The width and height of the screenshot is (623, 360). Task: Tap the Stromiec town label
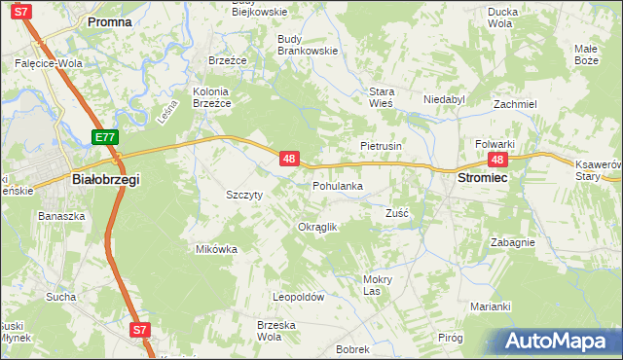(x=484, y=180)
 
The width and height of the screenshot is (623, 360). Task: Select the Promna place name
(x=110, y=20)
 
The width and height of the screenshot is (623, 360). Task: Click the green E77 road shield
(x=106, y=139)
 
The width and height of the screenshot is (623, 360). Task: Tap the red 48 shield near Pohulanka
(x=288, y=158)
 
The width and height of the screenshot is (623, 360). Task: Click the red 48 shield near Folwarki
(x=498, y=160)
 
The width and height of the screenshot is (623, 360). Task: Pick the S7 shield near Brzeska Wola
(x=141, y=330)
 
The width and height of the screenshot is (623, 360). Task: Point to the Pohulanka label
(x=338, y=186)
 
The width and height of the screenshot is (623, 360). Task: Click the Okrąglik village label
(x=316, y=227)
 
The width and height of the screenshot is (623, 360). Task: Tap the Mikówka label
(x=216, y=249)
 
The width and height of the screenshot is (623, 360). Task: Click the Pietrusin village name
(x=382, y=145)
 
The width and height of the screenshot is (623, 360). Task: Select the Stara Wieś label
(x=380, y=97)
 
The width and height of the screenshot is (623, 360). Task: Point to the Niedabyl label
(x=445, y=99)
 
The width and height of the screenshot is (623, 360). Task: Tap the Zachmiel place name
(x=515, y=104)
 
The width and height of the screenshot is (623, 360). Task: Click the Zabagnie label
(x=512, y=242)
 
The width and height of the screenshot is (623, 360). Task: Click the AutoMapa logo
(x=554, y=342)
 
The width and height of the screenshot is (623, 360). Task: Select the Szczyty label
(x=244, y=195)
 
